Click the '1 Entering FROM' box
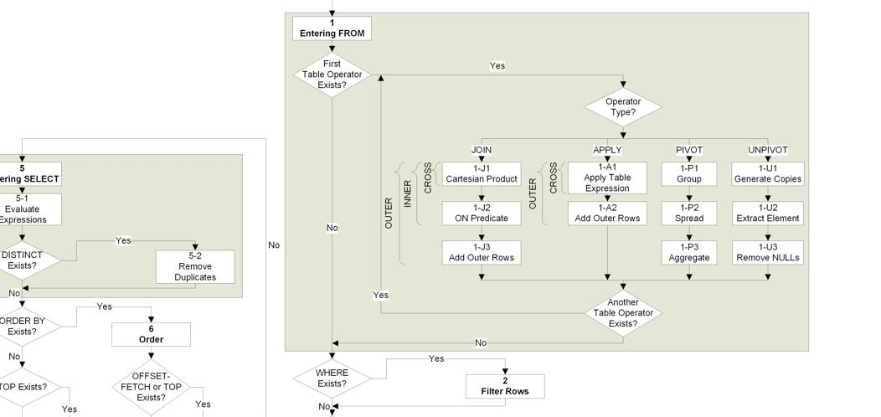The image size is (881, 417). point(332,28)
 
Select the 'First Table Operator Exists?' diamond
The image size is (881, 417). point(332,75)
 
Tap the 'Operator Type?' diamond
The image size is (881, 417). point(622,107)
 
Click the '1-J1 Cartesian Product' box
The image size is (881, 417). point(481,174)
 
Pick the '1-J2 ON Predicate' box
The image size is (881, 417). point(481,214)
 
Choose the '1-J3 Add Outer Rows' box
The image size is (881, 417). point(481,253)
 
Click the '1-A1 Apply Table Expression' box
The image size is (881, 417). point(606,178)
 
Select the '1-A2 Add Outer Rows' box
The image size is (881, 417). point(606,214)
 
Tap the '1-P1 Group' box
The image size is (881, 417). point(689,174)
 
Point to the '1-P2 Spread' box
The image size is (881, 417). point(689,214)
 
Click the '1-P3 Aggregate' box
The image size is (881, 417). point(689,253)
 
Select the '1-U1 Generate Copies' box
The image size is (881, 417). point(768,174)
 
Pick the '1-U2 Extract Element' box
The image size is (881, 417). point(768,214)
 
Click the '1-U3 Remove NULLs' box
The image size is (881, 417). point(768,253)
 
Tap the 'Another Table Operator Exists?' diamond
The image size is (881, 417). point(622,313)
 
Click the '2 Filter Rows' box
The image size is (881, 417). point(505,386)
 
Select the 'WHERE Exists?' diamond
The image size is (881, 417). point(332,378)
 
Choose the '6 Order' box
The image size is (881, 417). point(151,334)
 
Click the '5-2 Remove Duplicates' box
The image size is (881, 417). point(195,266)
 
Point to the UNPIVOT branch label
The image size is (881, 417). point(768,150)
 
